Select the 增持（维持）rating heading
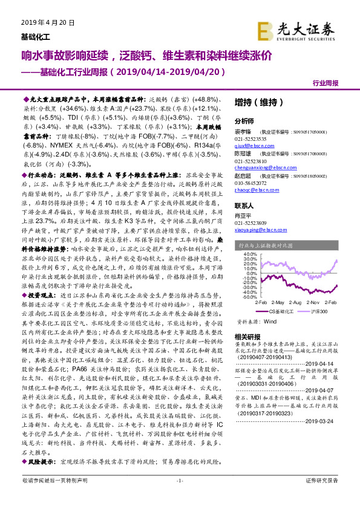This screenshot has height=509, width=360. pyautogui.click(x=254, y=103)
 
